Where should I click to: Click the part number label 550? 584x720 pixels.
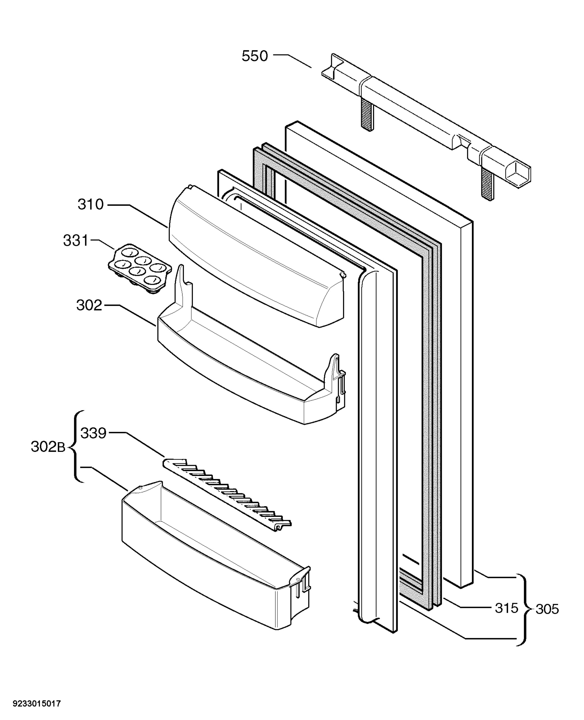tap(255, 56)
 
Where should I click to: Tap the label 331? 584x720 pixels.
tap(76, 241)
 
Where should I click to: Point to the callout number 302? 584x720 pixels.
tap(89, 305)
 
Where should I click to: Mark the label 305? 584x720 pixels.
tap(547, 609)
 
